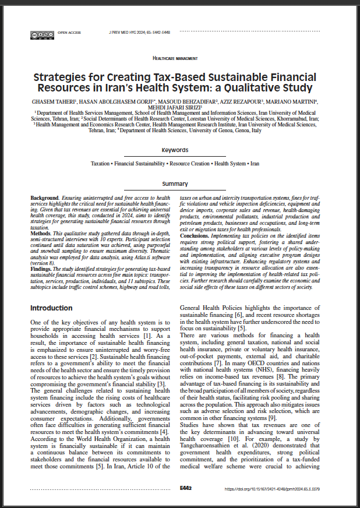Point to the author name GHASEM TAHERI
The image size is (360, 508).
click(x=53, y=101)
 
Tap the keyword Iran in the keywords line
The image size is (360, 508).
click(x=254, y=164)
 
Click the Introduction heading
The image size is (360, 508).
click(x=52, y=308)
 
